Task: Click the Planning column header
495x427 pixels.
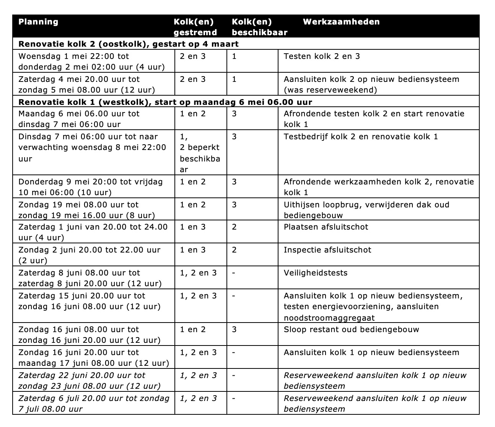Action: tap(38, 22)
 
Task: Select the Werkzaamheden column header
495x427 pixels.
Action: tap(341, 22)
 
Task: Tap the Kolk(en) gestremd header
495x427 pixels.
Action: tap(195, 27)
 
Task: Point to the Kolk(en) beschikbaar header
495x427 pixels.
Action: tap(259, 27)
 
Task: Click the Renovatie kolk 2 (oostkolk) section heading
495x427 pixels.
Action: tap(129, 44)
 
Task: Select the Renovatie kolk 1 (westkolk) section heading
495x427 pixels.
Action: tap(165, 102)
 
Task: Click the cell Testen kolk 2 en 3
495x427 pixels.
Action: tap(322, 57)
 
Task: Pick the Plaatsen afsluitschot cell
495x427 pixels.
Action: tap(326, 227)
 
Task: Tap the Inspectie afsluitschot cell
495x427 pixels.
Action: tap(327, 250)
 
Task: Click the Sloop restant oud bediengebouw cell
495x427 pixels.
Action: tap(351, 329)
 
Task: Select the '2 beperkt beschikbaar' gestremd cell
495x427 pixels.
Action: tap(200, 153)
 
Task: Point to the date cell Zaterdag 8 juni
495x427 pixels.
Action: tap(90, 278)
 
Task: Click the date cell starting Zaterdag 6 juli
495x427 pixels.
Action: tap(94, 403)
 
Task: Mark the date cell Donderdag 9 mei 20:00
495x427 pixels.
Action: tap(91, 187)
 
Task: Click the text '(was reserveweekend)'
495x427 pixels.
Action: tap(330, 90)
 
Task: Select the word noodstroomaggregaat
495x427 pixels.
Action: tap(329, 318)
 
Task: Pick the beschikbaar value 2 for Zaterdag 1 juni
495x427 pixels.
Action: tap(234, 227)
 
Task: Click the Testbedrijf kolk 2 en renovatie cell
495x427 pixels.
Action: tap(361, 137)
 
